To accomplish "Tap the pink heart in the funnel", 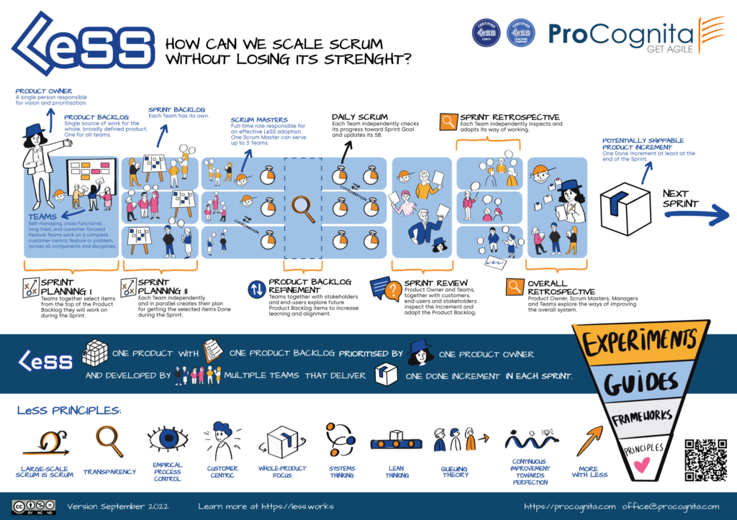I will pos(637,466).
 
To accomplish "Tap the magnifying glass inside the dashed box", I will pos(302,206).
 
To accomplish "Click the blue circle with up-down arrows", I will pos(257,289).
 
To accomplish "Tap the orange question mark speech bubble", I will pos(393,291).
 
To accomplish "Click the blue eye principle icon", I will pos(166,438).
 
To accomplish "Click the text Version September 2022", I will pos(118,506).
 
